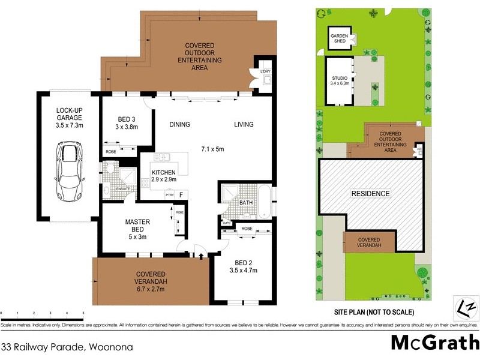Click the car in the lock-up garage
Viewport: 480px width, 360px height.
[x=68, y=172]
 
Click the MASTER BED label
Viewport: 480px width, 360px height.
[x=137, y=226]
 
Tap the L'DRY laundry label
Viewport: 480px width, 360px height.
[x=266, y=72]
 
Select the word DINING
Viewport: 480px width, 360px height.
[x=179, y=125]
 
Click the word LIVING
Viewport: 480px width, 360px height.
[x=244, y=125]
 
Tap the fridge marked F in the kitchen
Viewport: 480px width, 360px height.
[x=181, y=194]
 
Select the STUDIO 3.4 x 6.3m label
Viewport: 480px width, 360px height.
[x=340, y=81]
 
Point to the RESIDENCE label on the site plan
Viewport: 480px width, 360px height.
[x=370, y=194]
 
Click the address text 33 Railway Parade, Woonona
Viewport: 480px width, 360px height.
[x=67, y=347]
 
